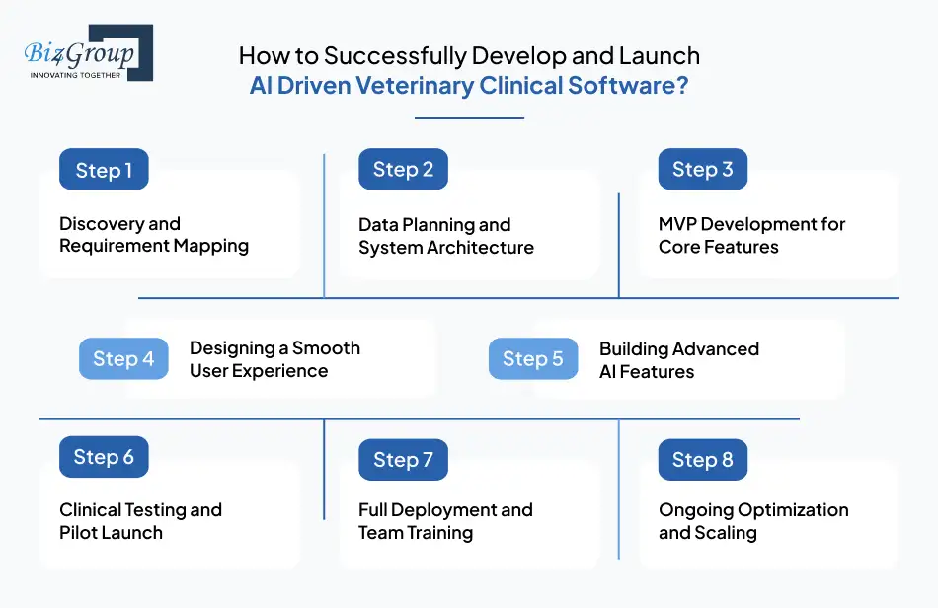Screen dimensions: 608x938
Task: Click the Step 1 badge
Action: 104,170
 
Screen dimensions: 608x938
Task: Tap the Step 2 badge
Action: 403,169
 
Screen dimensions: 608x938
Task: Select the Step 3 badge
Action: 702,169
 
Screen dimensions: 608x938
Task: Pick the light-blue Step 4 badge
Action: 123,358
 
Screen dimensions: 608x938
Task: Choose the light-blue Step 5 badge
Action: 533,358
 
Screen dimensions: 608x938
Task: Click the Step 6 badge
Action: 104,457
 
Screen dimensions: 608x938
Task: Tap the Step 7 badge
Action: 403,460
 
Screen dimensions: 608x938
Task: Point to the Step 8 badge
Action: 702,460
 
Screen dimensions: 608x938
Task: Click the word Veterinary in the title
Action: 404,86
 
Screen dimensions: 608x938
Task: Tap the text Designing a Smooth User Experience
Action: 274,360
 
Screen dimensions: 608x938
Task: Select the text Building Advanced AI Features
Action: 678,360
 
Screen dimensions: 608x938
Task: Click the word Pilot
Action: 82,533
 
